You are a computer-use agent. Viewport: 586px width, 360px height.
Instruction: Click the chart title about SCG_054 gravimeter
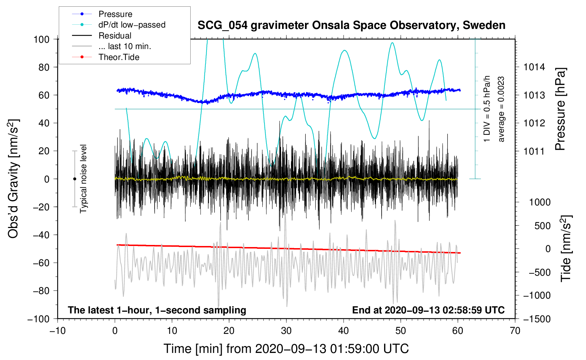(351, 25)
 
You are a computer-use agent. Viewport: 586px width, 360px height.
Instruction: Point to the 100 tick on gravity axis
(41, 39)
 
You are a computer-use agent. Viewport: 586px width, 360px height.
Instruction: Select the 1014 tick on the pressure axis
(534, 67)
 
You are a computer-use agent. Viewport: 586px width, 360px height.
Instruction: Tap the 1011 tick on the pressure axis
(534, 151)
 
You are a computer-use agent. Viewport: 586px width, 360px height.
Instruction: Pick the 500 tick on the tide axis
(543, 226)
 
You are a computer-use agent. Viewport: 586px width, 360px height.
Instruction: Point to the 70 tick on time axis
(515, 331)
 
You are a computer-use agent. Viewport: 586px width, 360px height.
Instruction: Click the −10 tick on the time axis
(58, 331)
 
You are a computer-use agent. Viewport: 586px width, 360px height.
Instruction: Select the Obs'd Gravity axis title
(13, 179)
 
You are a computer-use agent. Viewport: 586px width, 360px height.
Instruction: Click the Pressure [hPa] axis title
(560, 109)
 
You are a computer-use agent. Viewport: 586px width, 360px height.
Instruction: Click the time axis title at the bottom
(286, 349)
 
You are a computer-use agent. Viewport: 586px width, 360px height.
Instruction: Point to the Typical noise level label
(83, 179)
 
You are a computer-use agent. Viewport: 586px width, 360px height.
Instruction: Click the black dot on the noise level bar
(74, 179)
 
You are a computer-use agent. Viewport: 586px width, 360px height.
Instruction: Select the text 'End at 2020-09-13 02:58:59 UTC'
(428, 310)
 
